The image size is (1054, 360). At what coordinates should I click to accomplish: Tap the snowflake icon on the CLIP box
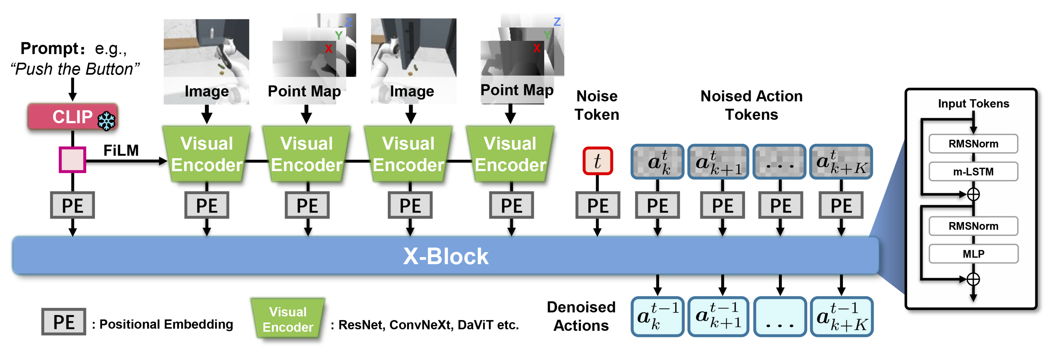[x=106, y=121]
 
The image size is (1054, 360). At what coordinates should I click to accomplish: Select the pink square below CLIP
[x=72, y=160]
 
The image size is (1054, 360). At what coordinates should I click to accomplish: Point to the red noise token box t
[x=597, y=161]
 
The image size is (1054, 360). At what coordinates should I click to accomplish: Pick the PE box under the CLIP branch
[x=72, y=205]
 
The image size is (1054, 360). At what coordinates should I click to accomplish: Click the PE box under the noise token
[x=597, y=205]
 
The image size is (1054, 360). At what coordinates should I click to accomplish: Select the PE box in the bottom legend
[x=64, y=322]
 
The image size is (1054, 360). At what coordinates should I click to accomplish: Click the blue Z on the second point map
[x=557, y=22]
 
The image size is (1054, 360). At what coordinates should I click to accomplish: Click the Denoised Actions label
[x=581, y=316]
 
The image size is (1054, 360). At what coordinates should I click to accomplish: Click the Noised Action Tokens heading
[x=751, y=105]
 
